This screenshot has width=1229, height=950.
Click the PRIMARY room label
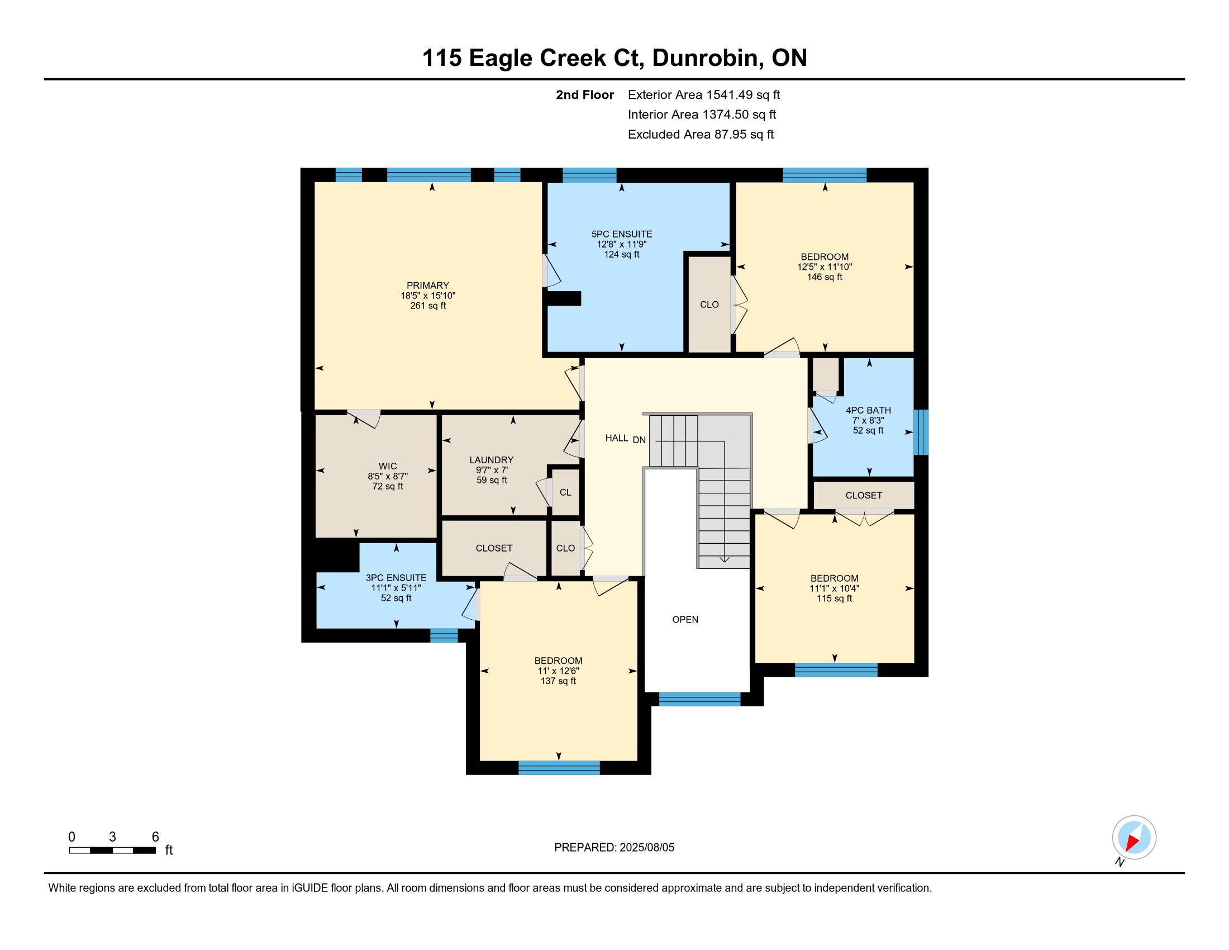pyautogui.click(x=428, y=286)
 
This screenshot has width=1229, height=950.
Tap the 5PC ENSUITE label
pyautogui.click(x=622, y=234)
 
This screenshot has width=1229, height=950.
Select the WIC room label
pyautogui.click(x=388, y=466)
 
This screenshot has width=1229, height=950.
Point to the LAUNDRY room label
pyautogui.click(x=492, y=460)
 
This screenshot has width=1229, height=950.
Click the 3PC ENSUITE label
pyautogui.click(x=396, y=577)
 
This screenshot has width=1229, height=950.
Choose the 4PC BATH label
pyautogui.click(x=868, y=410)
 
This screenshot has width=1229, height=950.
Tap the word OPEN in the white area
pyautogui.click(x=685, y=619)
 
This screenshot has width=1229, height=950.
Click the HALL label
pyautogui.click(x=617, y=438)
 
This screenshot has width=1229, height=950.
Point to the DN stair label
pyautogui.click(x=639, y=440)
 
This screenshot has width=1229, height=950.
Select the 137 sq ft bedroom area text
pyautogui.click(x=558, y=681)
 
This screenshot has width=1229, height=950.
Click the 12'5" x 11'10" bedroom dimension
pyautogui.click(x=825, y=267)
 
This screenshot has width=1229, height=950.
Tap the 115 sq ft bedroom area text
pyautogui.click(x=835, y=598)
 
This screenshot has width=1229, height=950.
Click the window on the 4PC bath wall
pyautogui.click(x=921, y=432)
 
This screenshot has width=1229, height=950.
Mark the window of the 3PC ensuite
pyautogui.click(x=444, y=635)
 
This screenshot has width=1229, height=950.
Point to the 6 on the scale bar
pyautogui.click(x=156, y=837)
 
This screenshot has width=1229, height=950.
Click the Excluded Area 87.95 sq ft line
pyautogui.click(x=701, y=135)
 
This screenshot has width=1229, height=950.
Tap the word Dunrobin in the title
pyautogui.click(x=705, y=58)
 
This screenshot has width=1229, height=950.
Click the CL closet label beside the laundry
pyautogui.click(x=565, y=492)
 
